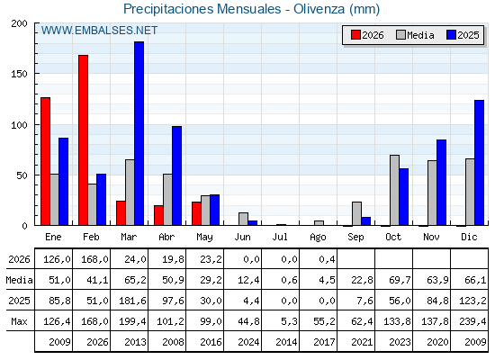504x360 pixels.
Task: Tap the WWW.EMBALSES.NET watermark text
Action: tap(99, 31)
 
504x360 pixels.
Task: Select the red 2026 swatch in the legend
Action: tap(355, 35)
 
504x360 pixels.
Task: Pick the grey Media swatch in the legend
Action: tap(400, 35)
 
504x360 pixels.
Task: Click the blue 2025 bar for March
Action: tap(139, 133)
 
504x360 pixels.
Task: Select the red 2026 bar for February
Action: tap(83, 140)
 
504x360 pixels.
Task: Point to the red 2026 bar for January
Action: tap(45, 161)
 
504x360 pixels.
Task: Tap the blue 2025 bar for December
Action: tap(479, 163)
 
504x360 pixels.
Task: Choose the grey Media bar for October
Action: tap(394, 190)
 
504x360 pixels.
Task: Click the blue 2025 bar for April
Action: tap(176, 175)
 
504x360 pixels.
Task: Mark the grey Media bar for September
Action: tap(356, 214)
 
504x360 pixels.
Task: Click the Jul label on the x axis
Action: tap(280, 237)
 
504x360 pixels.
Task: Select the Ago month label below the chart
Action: tap(318, 238)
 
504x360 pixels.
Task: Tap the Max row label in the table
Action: tap(19, 321)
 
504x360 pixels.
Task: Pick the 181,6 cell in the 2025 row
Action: tap(132, 301)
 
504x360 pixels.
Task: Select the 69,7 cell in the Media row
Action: tap(400, 280)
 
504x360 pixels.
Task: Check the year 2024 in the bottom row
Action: tap(248, 342)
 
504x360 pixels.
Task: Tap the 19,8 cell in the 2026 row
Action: tap(173, 259)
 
